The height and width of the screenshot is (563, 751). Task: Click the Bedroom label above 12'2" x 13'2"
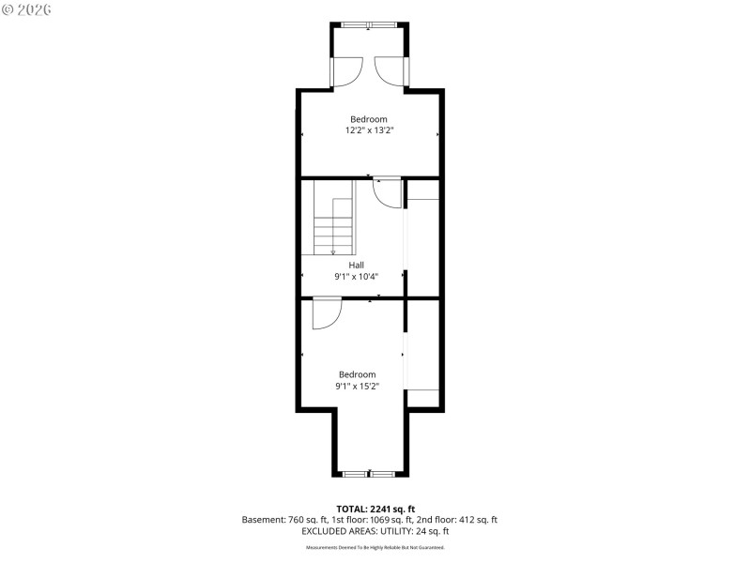pyautogui.click(x=369, y=119)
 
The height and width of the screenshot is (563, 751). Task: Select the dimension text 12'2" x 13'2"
pyautogui.click(x=369, y=131)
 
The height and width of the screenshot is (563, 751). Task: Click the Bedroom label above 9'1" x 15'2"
pyautogui.click(x=357, y=374)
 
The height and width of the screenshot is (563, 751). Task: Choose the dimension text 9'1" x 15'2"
pyautogui.click(x=357, y=387)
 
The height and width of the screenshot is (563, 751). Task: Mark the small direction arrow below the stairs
pyautogui.click(x=333, y=251)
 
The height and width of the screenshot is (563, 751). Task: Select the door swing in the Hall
pyautogui.click(x=387, y=191)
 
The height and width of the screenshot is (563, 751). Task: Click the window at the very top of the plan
pyautogui.click(x=369, y=24)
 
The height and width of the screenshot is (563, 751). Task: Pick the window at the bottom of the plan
pyautogui.click(x=369, y=474)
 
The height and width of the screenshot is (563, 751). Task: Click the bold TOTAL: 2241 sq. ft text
pyautogui.click(x=369, y=509)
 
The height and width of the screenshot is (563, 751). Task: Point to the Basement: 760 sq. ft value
pyautogui.click(x=279, y=519)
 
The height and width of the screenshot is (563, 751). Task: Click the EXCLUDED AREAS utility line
pyautogui.click(x=369, y=530)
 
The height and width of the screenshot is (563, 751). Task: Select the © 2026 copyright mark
pyautogui.click(x=27, y=9)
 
